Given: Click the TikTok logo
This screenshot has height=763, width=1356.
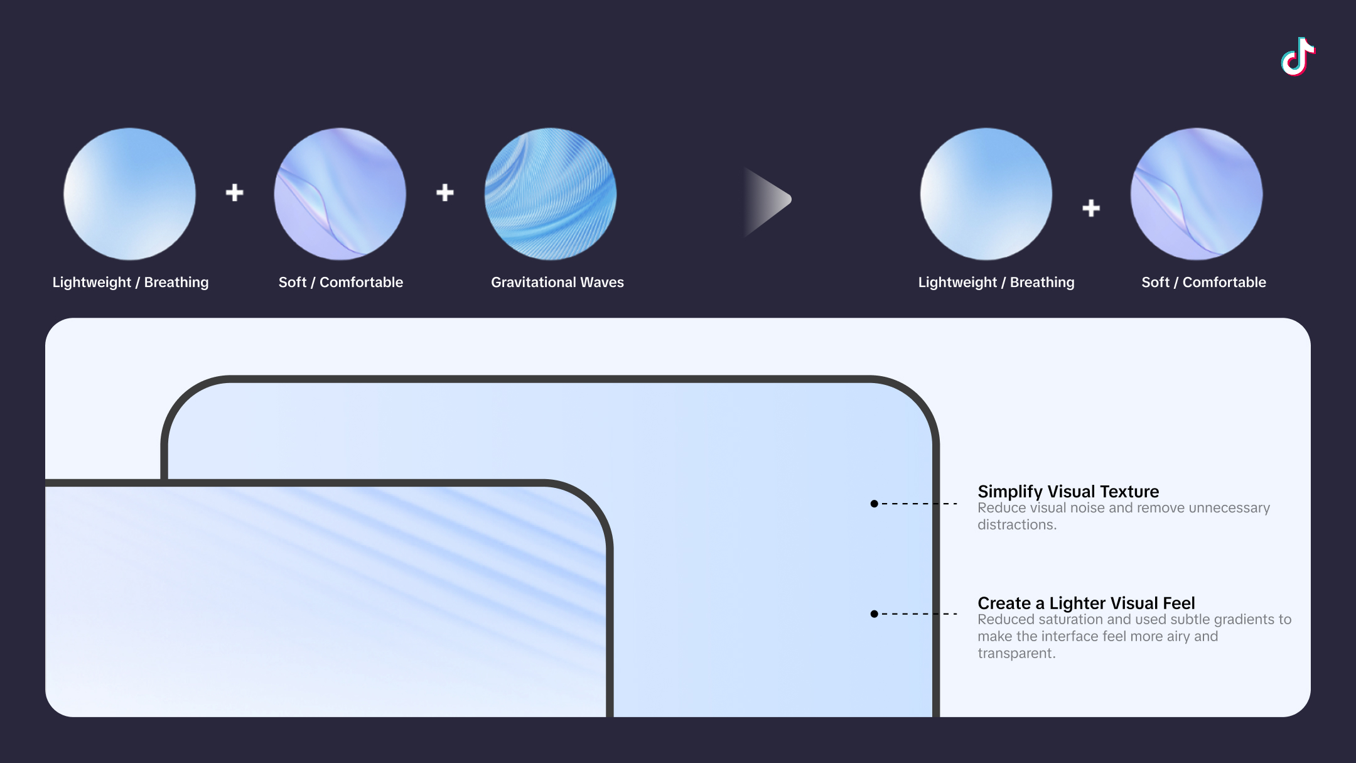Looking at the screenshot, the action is point(1298,57).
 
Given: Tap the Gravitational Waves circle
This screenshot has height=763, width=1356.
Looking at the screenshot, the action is point(551,194).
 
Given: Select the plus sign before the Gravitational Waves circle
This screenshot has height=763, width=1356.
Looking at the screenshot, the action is point(445,193).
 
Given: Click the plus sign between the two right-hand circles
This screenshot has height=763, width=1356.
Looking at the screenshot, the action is point(1091,208).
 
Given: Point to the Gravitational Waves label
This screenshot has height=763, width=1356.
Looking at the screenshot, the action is point(557,283).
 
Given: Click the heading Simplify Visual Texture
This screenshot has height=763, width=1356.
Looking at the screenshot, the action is point(1068,491).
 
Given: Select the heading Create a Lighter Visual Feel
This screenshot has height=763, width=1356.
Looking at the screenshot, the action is point(1086,603).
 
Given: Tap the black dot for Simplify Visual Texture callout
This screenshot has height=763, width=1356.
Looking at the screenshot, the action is point(874,504).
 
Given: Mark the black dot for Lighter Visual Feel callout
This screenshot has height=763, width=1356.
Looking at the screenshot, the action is point(874,614).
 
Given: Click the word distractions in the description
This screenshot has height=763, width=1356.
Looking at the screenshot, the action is point(1017,525).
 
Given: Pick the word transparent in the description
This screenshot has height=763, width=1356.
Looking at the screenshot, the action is point(1016,654).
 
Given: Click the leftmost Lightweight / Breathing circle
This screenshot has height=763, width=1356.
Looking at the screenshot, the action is point(129,194).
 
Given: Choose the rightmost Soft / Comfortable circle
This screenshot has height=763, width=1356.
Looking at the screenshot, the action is point(1197,194).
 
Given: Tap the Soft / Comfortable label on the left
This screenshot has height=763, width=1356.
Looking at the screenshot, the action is point(341,283).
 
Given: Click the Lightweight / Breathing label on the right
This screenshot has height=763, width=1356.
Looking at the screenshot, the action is point(996,283).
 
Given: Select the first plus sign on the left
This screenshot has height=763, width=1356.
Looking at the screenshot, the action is point(235,193).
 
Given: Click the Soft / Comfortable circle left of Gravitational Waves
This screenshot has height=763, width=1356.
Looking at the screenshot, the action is point(340,194).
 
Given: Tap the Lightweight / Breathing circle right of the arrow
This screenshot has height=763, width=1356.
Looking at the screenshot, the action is point(986,194).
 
